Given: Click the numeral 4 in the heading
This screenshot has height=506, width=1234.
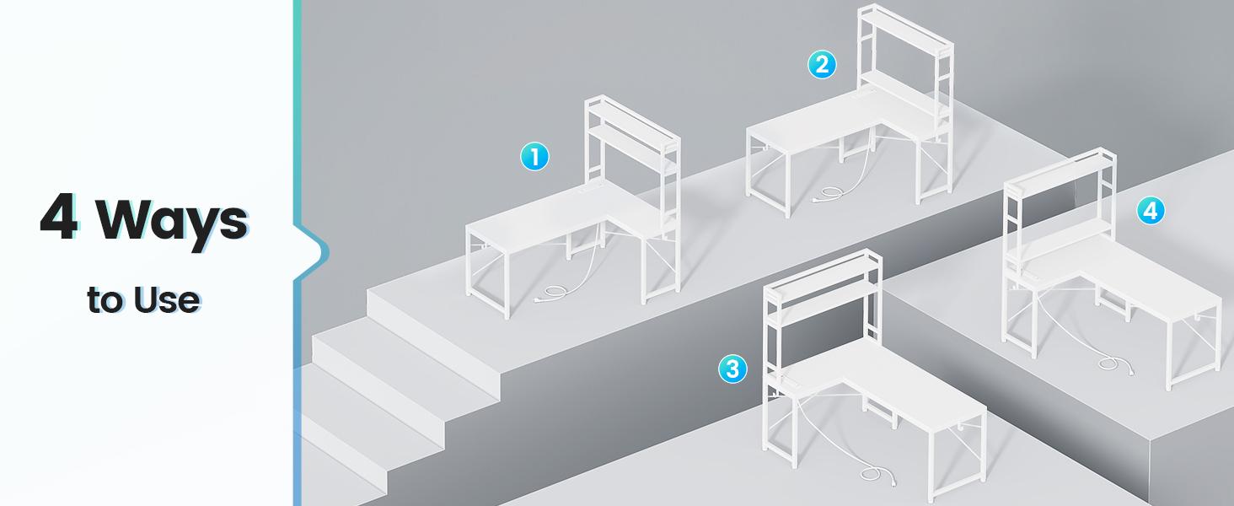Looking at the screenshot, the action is tap(59, 217).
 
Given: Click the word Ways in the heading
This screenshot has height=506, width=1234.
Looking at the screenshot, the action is tap(173, 222).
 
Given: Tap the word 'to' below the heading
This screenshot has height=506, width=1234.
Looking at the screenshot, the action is tap(105, 300).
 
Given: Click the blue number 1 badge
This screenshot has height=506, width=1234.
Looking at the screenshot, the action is tap(534, 157).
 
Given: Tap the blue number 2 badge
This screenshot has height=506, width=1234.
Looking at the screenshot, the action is tap(822, 64).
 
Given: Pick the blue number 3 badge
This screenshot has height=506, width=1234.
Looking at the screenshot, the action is tap(732, 369).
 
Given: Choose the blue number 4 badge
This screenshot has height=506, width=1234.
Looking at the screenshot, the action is tap(1151, 211).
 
